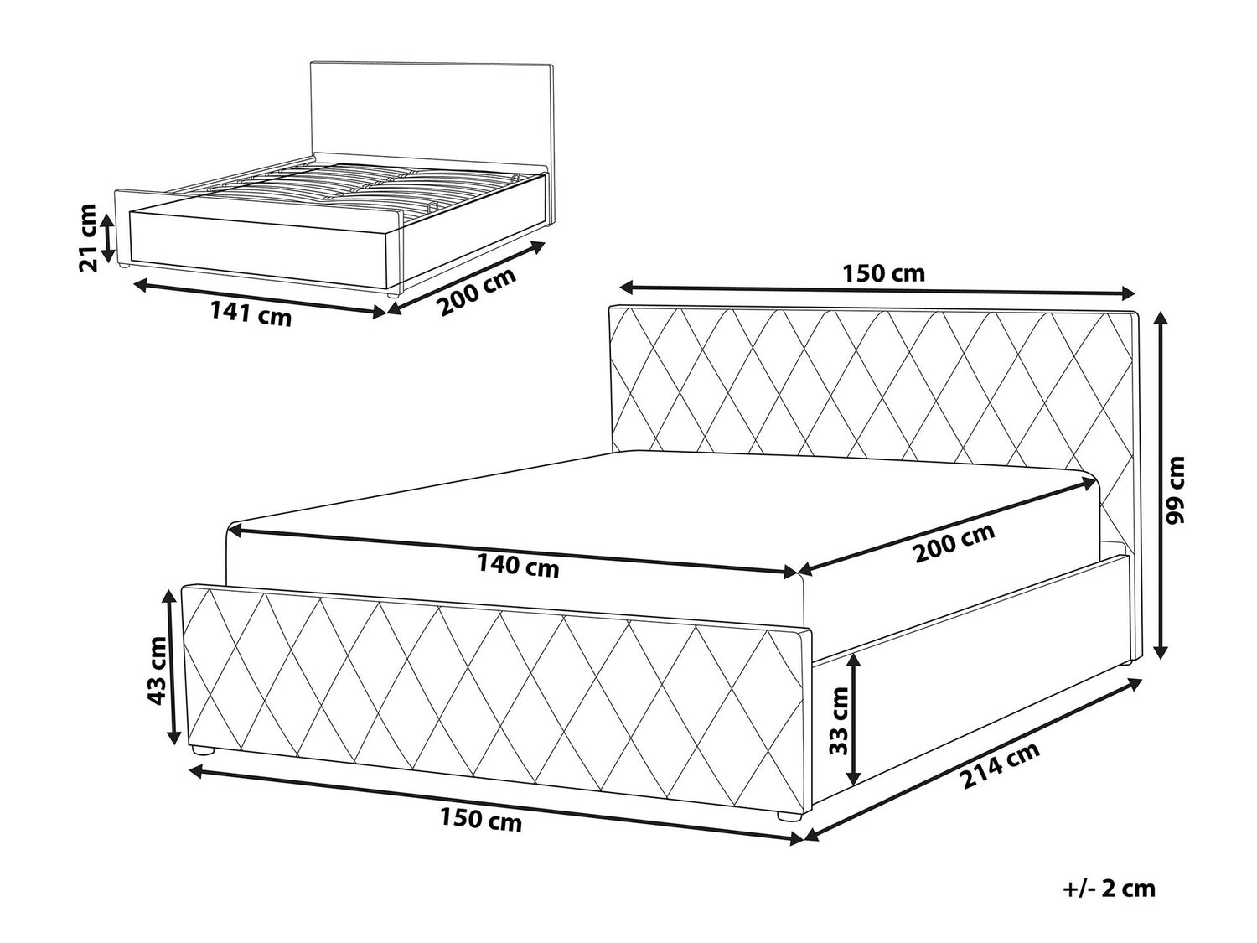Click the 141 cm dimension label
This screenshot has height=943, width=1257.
(x=251, y=315)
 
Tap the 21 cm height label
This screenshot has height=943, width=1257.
(x=89, y=237)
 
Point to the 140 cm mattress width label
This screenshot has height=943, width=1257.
(x=518, y=567)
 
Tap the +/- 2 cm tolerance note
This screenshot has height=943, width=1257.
(x=1110, y=888)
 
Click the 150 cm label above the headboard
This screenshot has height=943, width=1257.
(x=883, y=273)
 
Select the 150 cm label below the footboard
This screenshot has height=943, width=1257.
(x=481, y=821)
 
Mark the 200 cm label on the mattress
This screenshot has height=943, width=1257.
(x=954, y=543)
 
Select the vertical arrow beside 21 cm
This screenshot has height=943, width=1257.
(x=106, y=237)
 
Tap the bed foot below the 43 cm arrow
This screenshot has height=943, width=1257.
(x=203, y=751)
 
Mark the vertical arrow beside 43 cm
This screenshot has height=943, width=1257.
(x=171, y=666)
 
